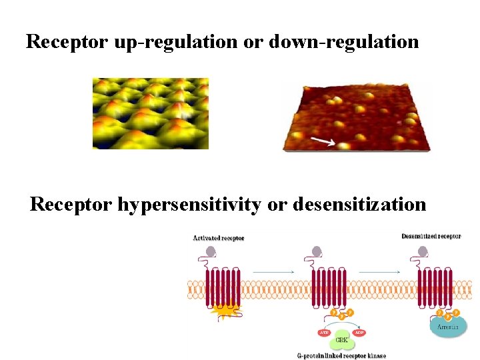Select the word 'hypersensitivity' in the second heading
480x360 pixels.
click(189, 204)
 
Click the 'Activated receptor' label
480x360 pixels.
click(219, 238)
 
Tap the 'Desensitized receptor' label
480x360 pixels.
click(431, 236)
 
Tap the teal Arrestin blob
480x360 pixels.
click(447, 326)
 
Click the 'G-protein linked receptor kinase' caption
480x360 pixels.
click(341, 355)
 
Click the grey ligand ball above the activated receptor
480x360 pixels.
click(211, 252)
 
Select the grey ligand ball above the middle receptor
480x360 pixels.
click(317, 252)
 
